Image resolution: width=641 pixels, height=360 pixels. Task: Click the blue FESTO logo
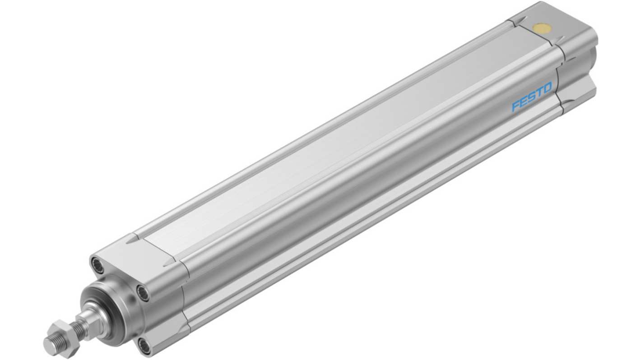click(x=531, y=97)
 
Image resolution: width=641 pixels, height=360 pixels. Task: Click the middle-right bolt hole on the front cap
click(x=143, y=292)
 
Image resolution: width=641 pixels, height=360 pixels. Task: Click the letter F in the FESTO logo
click(x=516, y=106)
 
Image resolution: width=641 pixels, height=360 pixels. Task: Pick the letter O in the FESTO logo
click(x=547, y=88)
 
